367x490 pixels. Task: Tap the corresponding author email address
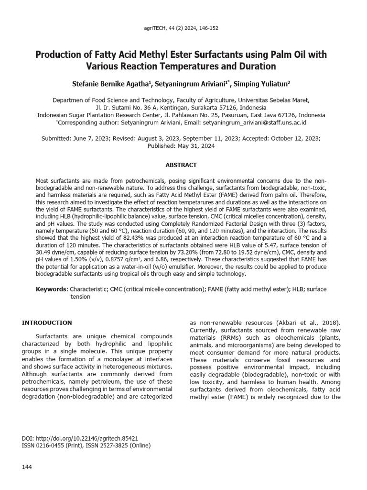(x=254, y=122)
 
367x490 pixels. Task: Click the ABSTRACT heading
(x=181, y=165)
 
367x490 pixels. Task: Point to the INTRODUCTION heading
(x=47, y=323)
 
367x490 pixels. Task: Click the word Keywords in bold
(x=52, y=289)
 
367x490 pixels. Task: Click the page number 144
(x=27, y=467)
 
